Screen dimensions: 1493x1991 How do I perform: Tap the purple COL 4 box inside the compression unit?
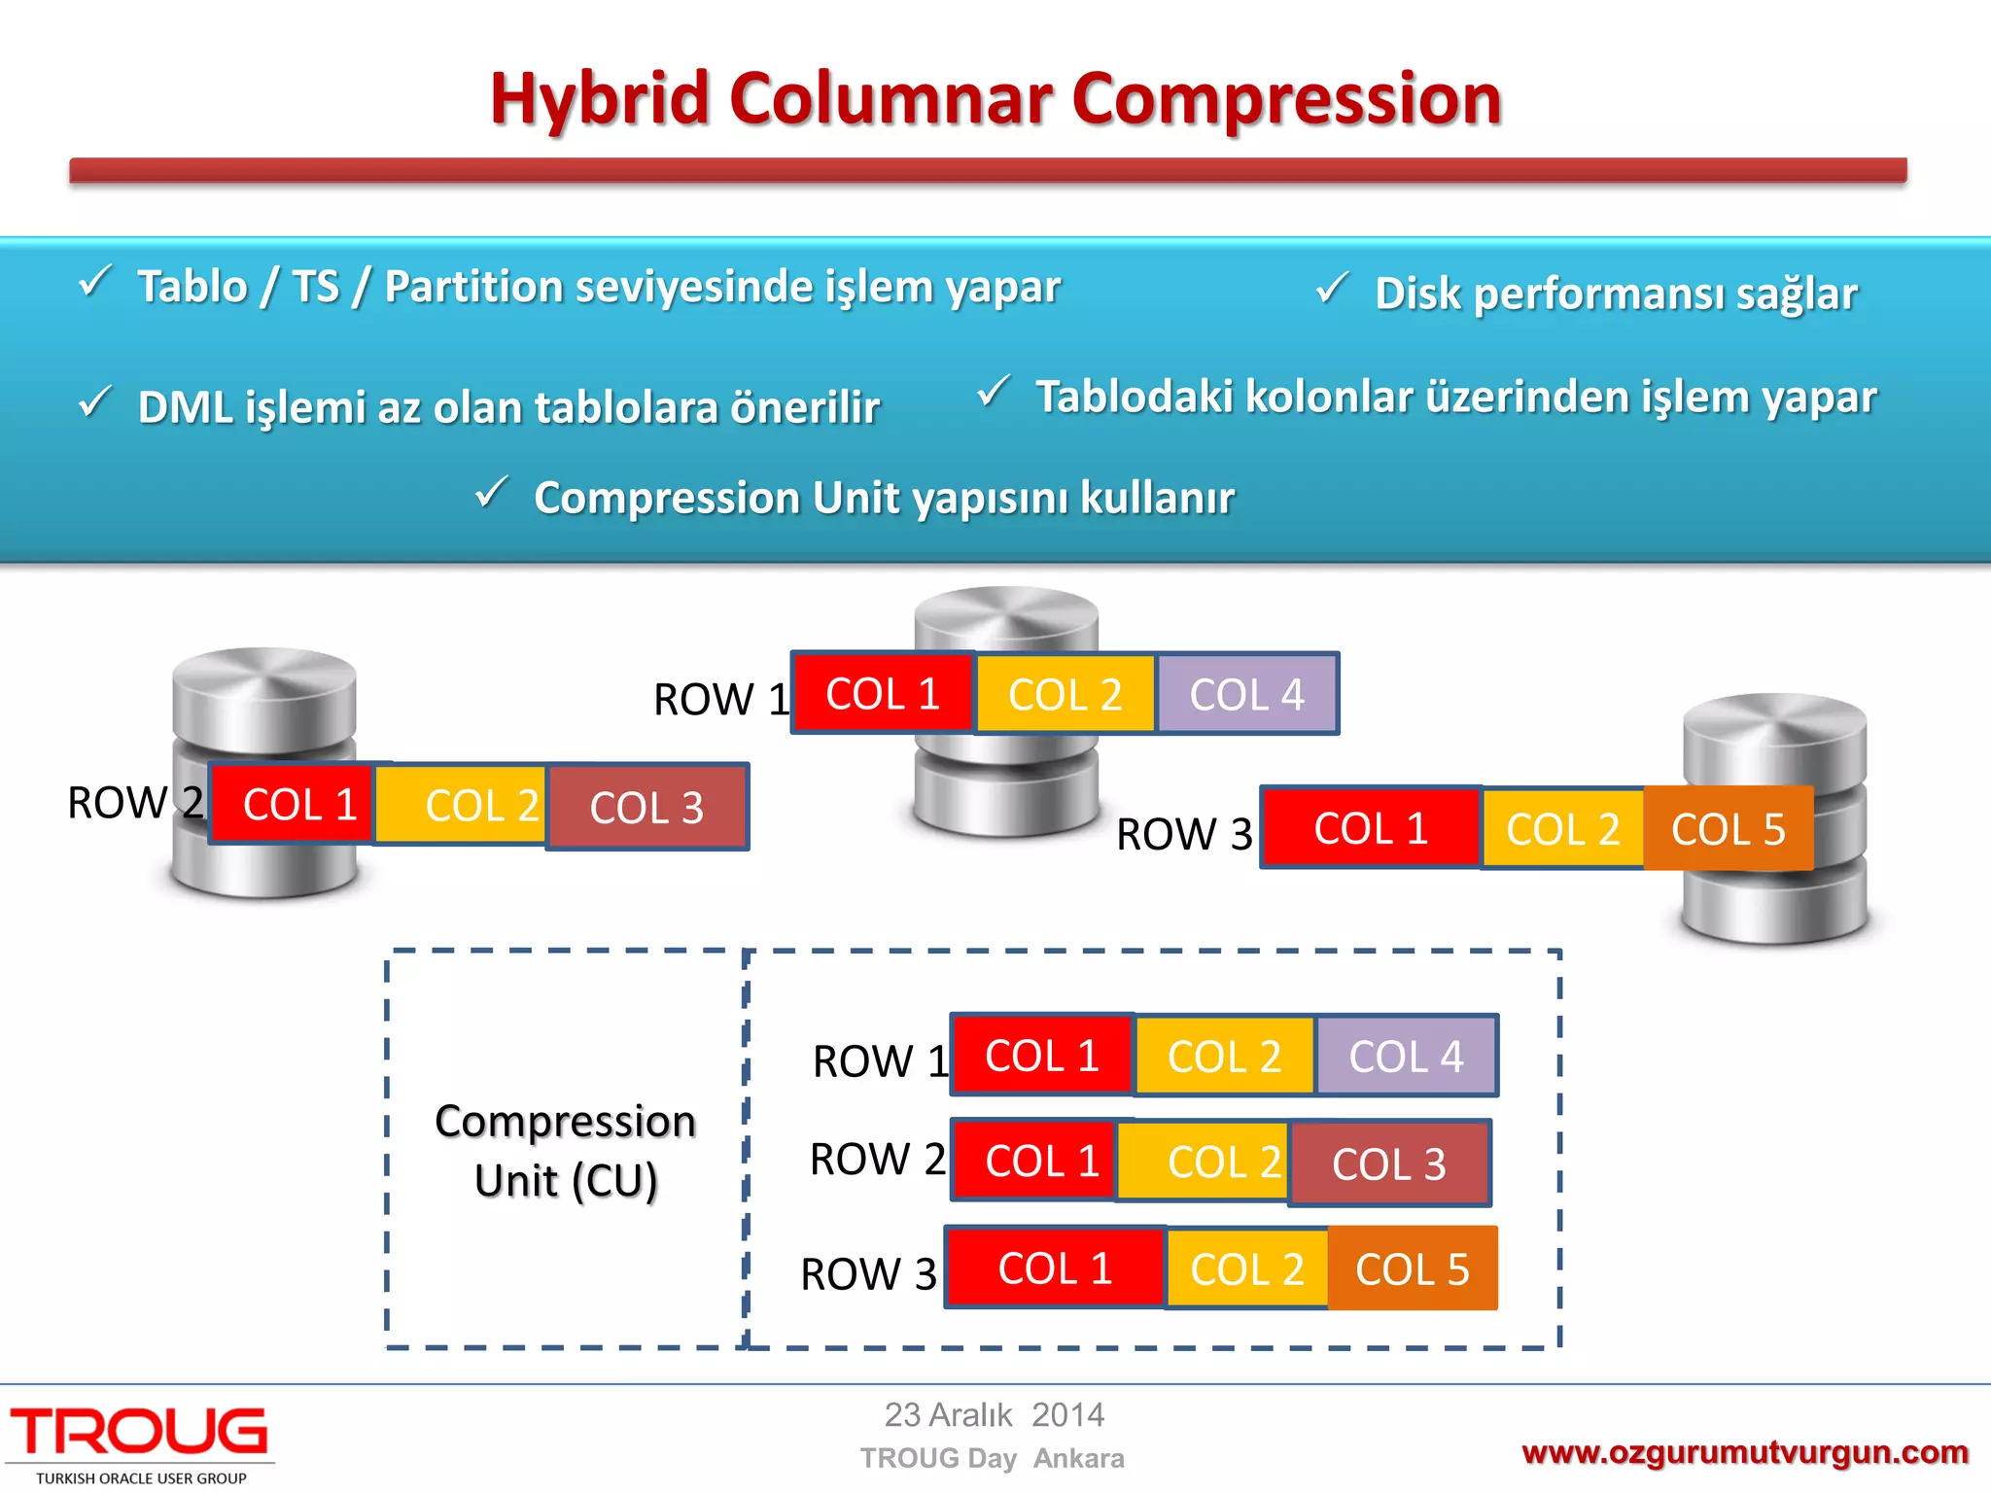click(x=1406, y=1057)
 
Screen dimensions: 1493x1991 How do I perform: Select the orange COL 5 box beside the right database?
click(x=1728, y=829)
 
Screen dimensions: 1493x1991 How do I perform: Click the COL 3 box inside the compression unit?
click(x=1389, y=1163)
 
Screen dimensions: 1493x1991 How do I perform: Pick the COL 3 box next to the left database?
click(x=646, y=808)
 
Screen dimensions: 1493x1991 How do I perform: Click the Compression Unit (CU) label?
click(x=566, y=1150)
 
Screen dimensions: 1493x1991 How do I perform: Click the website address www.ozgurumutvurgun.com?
click(x=1744, y=1452)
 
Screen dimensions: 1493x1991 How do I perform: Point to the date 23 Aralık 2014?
click(x=994, y=1414)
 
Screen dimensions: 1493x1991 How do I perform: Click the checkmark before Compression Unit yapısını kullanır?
click(x=491, y=492)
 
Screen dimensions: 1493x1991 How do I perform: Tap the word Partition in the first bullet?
click(x=471, y=287)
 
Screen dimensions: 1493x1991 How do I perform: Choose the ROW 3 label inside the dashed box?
click(x=868, y=1273)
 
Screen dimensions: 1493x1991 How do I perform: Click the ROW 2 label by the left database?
click(x=134, y=803)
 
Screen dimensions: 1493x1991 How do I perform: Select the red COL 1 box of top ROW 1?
click(x=883, y=694)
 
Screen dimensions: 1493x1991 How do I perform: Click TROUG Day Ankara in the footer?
click(x=992, y=1458)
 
